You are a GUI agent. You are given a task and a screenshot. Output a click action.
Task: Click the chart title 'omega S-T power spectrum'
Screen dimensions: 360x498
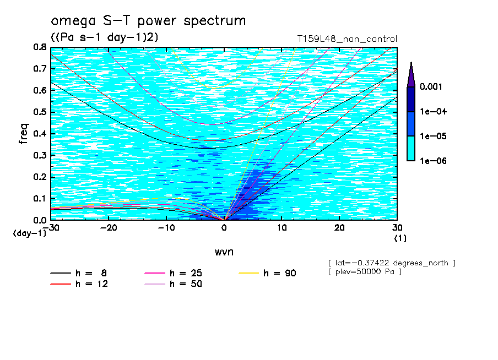148,21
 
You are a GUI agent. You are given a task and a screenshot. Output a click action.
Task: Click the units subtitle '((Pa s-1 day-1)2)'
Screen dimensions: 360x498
105,37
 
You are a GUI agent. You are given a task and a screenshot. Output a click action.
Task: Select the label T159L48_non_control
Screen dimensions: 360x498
347,39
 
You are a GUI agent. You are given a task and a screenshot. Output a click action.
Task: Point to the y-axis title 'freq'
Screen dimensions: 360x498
24,133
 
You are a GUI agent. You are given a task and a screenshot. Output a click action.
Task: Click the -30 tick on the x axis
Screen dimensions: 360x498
51,227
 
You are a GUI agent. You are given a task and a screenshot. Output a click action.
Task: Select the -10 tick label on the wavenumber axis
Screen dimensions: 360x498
166,227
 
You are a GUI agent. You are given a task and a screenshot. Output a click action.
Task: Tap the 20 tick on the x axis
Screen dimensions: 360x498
339,227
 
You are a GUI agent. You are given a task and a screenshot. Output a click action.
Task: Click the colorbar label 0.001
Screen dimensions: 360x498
432,86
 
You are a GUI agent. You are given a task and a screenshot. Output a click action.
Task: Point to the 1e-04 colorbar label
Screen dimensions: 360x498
433,111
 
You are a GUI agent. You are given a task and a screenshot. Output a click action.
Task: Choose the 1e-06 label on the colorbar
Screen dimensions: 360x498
433,161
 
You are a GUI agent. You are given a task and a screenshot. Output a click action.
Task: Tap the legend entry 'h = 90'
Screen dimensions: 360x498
268,272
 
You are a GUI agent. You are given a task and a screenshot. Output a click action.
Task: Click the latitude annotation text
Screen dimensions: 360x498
391,263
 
